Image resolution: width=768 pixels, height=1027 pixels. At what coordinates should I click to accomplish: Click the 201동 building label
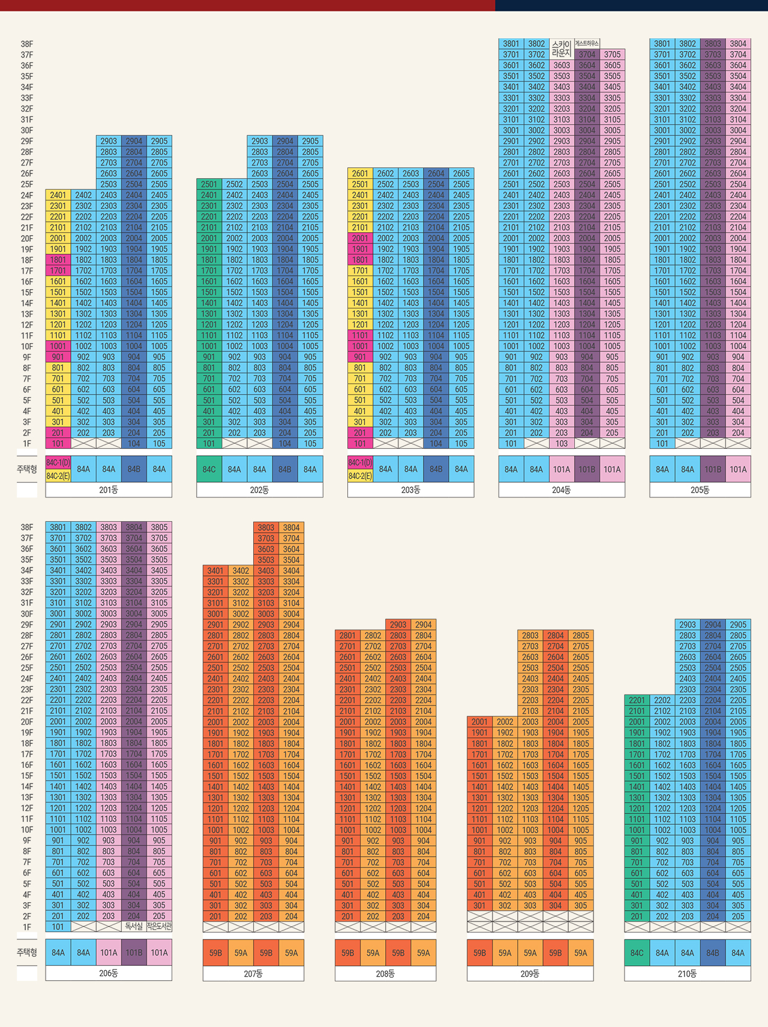(109, 490)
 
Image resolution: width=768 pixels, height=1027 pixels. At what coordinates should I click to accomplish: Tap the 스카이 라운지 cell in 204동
(562, 49)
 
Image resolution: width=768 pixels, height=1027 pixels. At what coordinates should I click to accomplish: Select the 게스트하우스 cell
(587, 43)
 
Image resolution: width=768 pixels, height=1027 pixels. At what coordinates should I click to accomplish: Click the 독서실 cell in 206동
(134, 927)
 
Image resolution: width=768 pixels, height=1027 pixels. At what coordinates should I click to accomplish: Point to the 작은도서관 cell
(159, 927)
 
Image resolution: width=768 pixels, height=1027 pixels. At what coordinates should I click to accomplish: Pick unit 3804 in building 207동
(292, 528)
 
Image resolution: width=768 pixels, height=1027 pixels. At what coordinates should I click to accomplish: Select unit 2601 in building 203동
(360, 173)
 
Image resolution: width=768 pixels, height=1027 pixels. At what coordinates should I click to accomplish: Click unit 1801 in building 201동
(58, 260)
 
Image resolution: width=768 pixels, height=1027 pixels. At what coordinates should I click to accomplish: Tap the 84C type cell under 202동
(209, 469)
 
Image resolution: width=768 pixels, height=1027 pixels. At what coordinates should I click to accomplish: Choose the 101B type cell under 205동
(713, 469)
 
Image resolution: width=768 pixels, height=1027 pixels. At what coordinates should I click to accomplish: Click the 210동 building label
(687, 974)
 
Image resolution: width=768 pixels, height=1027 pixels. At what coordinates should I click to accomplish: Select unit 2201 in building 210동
(637, 700)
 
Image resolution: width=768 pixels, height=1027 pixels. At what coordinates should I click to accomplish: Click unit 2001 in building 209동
(479, 722)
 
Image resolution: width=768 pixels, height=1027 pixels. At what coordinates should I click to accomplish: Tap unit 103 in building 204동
(562, 443)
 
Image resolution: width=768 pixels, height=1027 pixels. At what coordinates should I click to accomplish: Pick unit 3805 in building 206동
(159, 527)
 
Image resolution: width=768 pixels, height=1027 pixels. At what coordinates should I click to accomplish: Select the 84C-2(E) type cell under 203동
(360, 476)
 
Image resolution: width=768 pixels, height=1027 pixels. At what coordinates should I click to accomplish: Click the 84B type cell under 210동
(713, 953)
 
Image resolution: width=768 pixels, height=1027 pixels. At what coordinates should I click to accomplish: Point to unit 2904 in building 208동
(424, 624)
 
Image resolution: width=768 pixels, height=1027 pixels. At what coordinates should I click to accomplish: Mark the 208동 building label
(385, 974)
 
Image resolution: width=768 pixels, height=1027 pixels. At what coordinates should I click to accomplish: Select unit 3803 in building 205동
(713, 44)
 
